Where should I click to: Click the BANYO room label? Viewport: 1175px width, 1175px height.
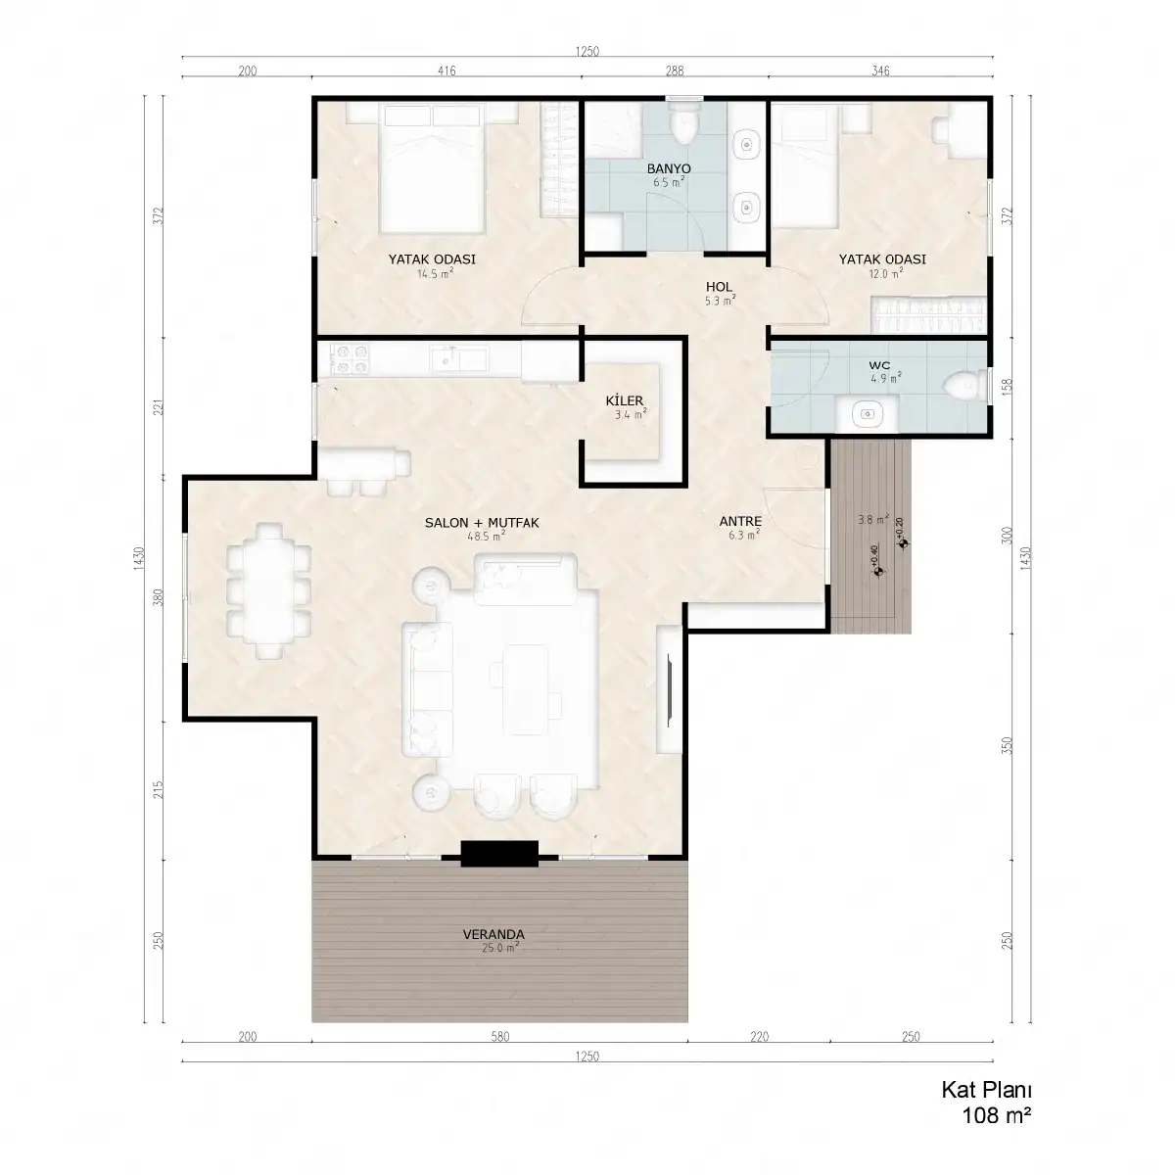click(x=669, y=168)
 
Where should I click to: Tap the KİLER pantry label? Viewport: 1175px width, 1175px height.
click(x=624, y=400)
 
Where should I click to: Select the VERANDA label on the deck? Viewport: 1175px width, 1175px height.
click(x=493, y=934)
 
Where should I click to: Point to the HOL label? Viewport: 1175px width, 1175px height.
click(x=719, y=287)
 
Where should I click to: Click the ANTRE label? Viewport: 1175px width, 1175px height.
click(x=740, y=521)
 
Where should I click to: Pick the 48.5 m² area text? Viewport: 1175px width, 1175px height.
click(x=486, y=537)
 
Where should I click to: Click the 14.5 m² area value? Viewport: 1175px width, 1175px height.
click(x=435, y=274)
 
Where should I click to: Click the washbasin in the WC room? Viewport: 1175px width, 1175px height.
click(x=867, y=414)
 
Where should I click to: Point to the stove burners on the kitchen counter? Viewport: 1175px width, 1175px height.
click(x=349, y=359)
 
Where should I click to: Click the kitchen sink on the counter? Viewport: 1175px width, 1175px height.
click(x=458, y=358)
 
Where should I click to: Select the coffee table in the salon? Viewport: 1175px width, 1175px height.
click(x=525, y=689)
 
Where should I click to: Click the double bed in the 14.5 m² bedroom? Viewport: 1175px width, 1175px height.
click(x=432, y=168)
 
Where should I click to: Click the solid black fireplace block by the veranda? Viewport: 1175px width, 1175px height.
click(x=499, y=854)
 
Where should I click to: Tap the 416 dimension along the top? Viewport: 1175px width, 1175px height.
click(x=446, y=70)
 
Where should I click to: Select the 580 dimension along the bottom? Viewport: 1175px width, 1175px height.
click(x=500, y=1037)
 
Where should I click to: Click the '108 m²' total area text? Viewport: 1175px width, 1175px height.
click(x=997, y=1115)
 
